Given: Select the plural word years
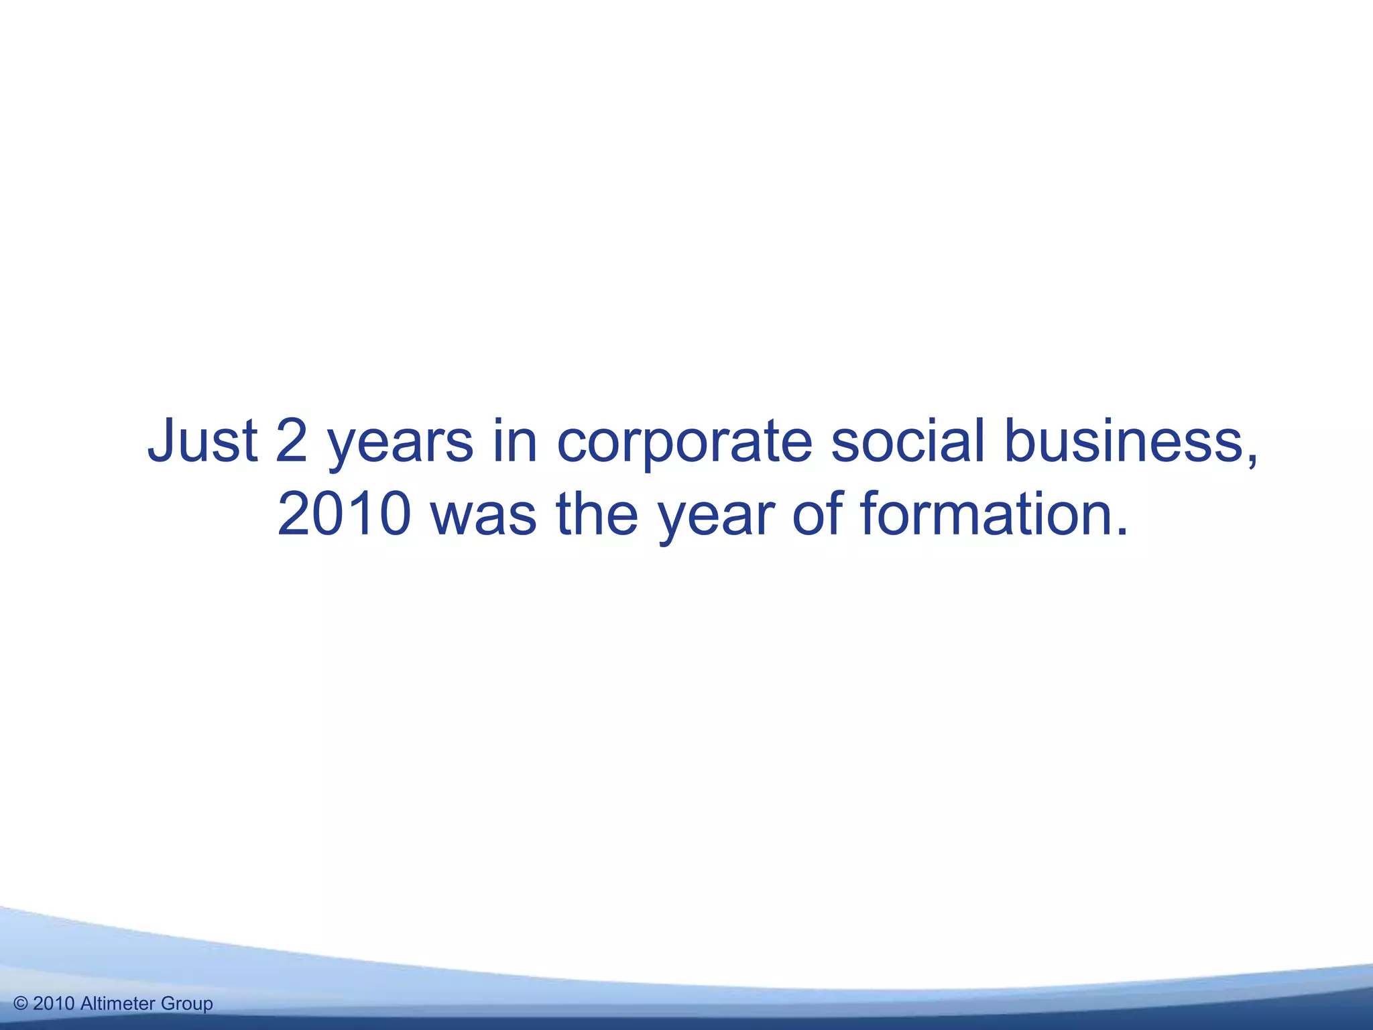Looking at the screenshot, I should click(x=400, y=446).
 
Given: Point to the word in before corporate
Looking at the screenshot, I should click(x=516, y=441).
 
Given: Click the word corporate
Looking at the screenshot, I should click(x=684, y=446).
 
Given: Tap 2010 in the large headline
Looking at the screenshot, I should click(x=344, y=515).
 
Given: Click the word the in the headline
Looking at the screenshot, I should click(x=597, y=515).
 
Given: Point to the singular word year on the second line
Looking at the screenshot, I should click(x=715, y=520).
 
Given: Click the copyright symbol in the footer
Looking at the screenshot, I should click(x=21, y=1004).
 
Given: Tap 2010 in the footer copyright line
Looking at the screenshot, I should click(x=54, y=1004).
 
